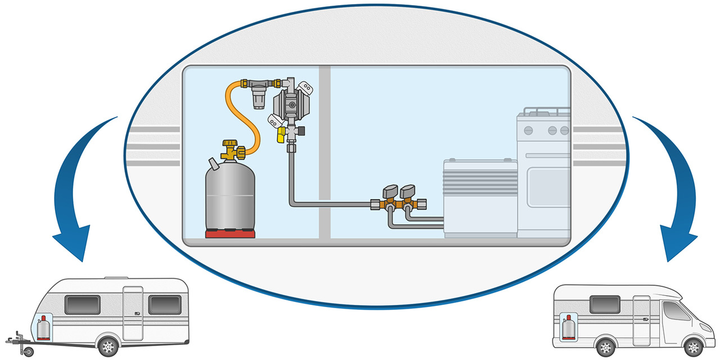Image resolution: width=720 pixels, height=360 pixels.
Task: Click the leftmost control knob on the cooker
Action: pyautogui.click(x=528, y=130)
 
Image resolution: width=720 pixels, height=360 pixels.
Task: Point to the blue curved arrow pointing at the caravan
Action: pyautogui.click(x=79, y=191)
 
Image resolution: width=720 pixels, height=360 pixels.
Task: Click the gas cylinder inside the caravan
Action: pyautogui.click(x=43, y=328)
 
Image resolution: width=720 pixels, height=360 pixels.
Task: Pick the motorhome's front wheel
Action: pyautogui.click(x=693, y=346)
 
